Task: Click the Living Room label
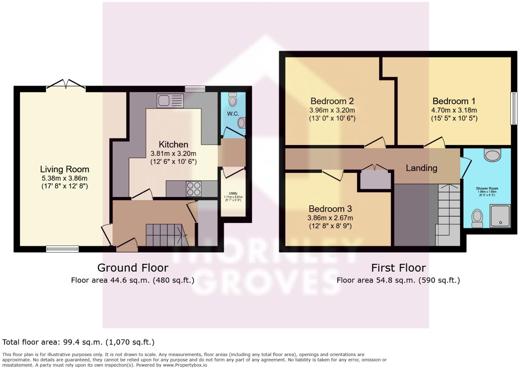[64, 169]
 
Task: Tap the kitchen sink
[170, 100]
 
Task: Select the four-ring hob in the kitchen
[193, 189]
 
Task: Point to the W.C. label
[233, 114]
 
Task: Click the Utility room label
[233, 194]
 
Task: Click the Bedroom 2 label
[332, 101]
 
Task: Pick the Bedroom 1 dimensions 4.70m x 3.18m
[454, 110]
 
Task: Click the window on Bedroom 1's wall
[514, 108]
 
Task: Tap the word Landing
[421, 168]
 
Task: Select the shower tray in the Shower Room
[500, 216]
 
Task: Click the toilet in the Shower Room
[477, 218]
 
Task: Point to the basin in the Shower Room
[493, 155]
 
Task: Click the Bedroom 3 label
[330, 209]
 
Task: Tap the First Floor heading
[398, 268]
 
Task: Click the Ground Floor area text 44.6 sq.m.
[133, 280]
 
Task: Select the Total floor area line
[79, 342]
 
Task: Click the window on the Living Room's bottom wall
[62, 249]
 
